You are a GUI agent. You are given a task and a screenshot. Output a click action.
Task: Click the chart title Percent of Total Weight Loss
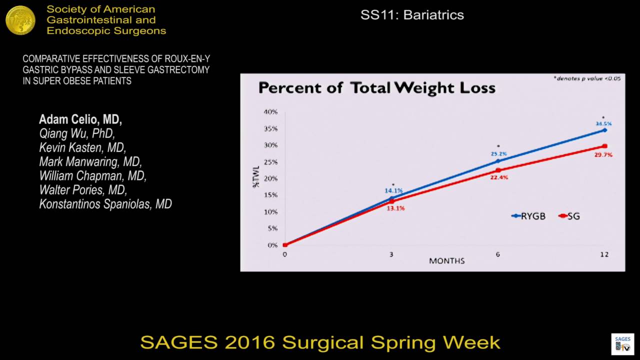376,88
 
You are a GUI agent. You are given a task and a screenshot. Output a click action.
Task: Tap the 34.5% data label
603,123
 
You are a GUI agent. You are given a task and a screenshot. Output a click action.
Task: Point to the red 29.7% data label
604,155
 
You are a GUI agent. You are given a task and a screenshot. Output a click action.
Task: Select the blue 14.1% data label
393,190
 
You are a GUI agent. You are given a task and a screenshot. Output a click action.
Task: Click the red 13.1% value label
395,208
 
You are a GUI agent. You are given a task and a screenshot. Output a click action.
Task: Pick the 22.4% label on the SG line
499,177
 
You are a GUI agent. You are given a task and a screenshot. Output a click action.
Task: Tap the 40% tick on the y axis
270,111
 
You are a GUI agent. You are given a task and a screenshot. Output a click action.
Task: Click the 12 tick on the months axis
604,254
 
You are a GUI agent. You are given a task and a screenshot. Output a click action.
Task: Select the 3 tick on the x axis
391,254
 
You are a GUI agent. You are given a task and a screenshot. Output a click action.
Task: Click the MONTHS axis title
446,261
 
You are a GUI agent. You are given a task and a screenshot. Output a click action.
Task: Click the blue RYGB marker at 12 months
604,130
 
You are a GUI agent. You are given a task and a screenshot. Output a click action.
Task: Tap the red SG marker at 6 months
498,170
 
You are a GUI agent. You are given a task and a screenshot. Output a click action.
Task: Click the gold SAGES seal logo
20,20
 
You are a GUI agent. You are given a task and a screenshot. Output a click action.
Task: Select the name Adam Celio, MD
80,120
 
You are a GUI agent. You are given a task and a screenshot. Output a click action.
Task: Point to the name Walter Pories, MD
83,190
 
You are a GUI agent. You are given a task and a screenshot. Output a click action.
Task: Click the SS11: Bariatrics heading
412,15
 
